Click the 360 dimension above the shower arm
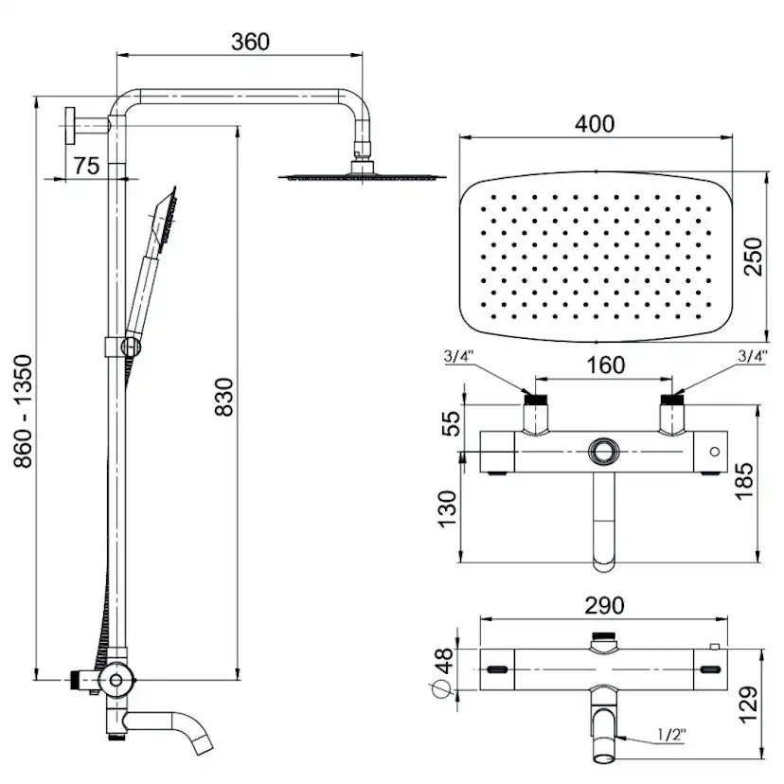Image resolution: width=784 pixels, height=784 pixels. (250, 42)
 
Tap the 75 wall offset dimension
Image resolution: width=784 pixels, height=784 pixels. (86, 166)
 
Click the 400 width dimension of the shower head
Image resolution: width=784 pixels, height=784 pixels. (596, 123)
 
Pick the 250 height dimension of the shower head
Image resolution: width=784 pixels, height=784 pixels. (753, 256)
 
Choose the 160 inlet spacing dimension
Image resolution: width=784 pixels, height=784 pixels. (606, 365)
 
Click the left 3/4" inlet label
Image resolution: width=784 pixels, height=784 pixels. (459, 357)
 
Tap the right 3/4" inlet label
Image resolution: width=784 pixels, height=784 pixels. (752, 357)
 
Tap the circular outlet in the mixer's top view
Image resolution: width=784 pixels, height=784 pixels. (600, 452)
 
